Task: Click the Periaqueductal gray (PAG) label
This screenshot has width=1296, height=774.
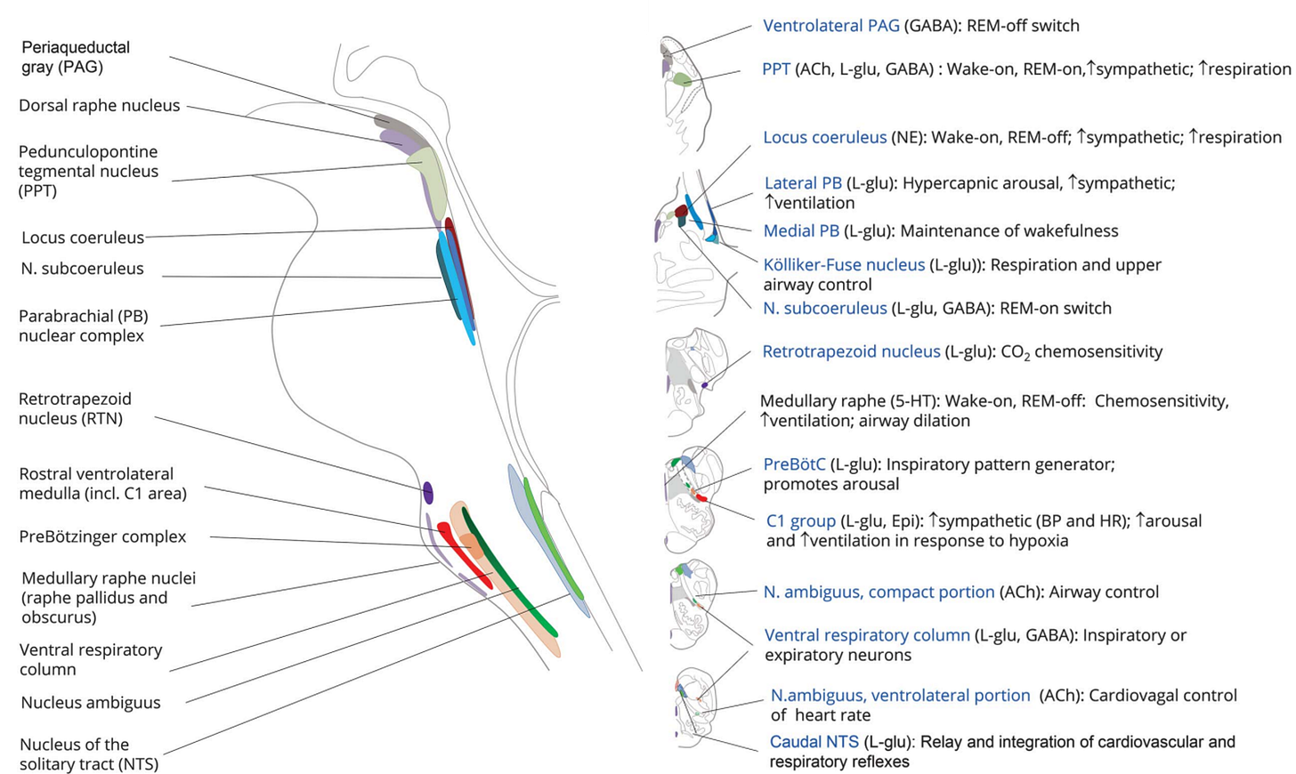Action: pyautogui.click(x=76, y=57)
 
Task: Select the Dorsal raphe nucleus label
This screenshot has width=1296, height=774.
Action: pyautogui.click(x=99, y=106)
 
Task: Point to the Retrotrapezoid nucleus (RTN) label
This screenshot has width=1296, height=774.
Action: pyautogui.click(x=75, y=408)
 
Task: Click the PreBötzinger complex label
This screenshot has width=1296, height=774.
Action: pyautogui.click(x=102, y=536)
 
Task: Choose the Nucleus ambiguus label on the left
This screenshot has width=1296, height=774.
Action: pyautogui.click(x=91, y=703)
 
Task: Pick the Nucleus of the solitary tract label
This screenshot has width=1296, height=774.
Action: pyautogui.click(x=89, y=754)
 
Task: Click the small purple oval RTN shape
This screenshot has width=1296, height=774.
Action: pyautogui.click(x=428, y=492)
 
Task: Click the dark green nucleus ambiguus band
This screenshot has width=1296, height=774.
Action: pyautogui.click(x=507, y=578)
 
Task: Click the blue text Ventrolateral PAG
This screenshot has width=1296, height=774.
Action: pyautogui.click(x=830, y=26)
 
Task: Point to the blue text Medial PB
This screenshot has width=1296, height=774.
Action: pyautogui.click(x=801, y=231)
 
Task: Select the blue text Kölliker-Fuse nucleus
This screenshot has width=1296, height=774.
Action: pyautogui.click(x=844, y=265)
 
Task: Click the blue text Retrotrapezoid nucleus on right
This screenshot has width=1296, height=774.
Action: pyautogui.click(x=851, y=352)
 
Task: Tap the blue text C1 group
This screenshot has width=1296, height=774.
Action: pyautogui.click(x=800, y=521)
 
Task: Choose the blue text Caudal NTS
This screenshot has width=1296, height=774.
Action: pyautogui.click(x=814, y=742)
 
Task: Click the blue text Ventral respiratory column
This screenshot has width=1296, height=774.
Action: pyautogui.click(x=867, y=635)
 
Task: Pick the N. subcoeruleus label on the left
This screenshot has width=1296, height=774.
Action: pyautogui.click(x=82, y=269)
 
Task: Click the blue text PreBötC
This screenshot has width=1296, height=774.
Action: pyautogui.click(x=795, y=464)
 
